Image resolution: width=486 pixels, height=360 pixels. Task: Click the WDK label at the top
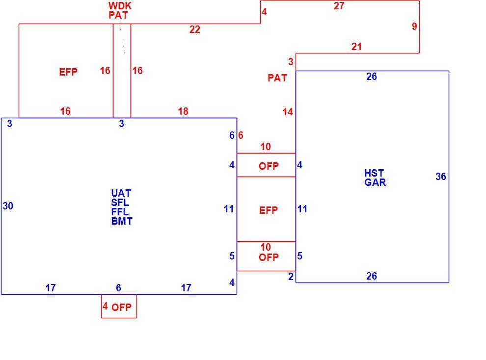pyautogui.click(x=120, y=5)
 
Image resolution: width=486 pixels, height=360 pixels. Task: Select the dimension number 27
pyautogui.click(x=339, y=6)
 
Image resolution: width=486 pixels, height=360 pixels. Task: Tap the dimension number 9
pyautogui.click(x=414, y=26)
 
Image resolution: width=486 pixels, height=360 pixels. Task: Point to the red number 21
pyautogui.click(x=356, y=47)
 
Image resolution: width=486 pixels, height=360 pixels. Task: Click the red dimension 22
pyautogui.click(x=195, y=29)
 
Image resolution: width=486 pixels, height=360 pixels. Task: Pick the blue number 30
pyautogui.click(x=8, y=206)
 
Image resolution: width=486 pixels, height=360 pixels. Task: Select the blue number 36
pyautogui.click(x=441, y=177)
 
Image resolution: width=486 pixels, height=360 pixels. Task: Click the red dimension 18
pyautogui.click(x=183, y=111)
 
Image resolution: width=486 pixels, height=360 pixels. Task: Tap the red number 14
pyautogui.click(x=288, y=112)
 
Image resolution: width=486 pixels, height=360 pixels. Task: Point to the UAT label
pyautogui.click(x=121, y=193)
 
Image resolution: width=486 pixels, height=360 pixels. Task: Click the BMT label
pyautogui.click(x=122, y=221)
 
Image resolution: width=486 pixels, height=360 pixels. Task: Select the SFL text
pyautogui.click(x=120, y=203)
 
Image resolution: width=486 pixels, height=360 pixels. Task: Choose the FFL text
pyautogui.click(x=120, y=212)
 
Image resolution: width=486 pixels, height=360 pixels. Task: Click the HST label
pyautogui.click(x=374, y=173)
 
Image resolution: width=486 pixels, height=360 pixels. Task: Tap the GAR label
pyautogui.click(x=375, y=182)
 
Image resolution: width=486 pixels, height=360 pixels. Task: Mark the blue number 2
pyautogui.click(x=291, y=277)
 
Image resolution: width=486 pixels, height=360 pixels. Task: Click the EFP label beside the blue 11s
pyautogui.click(x=269, y=210)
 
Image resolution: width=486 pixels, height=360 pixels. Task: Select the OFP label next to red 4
pyautogui.click(x=122, y=308)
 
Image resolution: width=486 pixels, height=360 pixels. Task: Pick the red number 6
pyautogui.click(x=241, y=135)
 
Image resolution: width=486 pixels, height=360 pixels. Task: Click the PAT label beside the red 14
pyautogui.click(x=277, y=77)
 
